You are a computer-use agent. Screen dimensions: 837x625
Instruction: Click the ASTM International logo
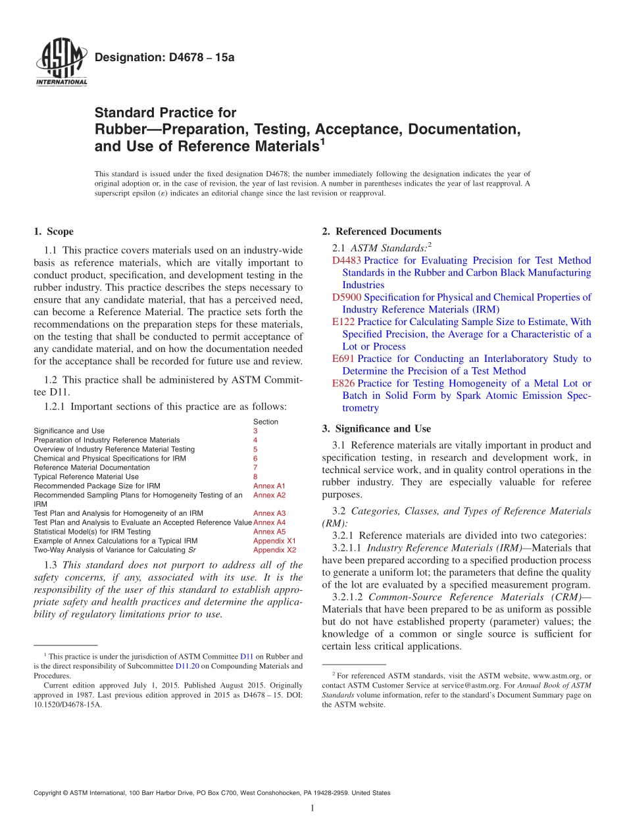tap(61, 64)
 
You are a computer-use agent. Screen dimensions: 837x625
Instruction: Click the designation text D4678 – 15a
tap(164, 57)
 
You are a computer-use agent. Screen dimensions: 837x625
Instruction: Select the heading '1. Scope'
tap(53, 232)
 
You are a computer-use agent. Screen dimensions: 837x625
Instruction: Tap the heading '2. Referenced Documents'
tap(382, 232)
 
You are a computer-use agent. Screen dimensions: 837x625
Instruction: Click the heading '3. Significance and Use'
tap(376, 429)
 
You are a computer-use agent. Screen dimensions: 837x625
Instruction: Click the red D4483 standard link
tap(347, 261)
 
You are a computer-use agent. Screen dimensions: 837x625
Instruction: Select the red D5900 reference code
tap(347, 297)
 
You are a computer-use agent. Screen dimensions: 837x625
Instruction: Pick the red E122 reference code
tap(344, 322)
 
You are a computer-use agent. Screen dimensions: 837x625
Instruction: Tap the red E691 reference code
tap(343, 359)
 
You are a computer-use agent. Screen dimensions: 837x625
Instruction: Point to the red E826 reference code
tap(344, 384)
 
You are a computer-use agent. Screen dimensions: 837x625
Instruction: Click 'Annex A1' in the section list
tap(269, 486)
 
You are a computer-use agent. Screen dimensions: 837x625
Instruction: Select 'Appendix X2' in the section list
tap(274, 549)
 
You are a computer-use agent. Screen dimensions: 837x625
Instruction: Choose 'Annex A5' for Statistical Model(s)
tap(269, 532)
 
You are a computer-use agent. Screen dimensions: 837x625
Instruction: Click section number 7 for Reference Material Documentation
tap(255, 467)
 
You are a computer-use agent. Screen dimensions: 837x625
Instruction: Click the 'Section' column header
tap(265, 422)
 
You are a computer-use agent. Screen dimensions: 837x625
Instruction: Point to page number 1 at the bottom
tap(312, 809)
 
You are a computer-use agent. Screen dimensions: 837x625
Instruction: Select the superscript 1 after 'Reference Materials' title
tap(322, 141)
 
